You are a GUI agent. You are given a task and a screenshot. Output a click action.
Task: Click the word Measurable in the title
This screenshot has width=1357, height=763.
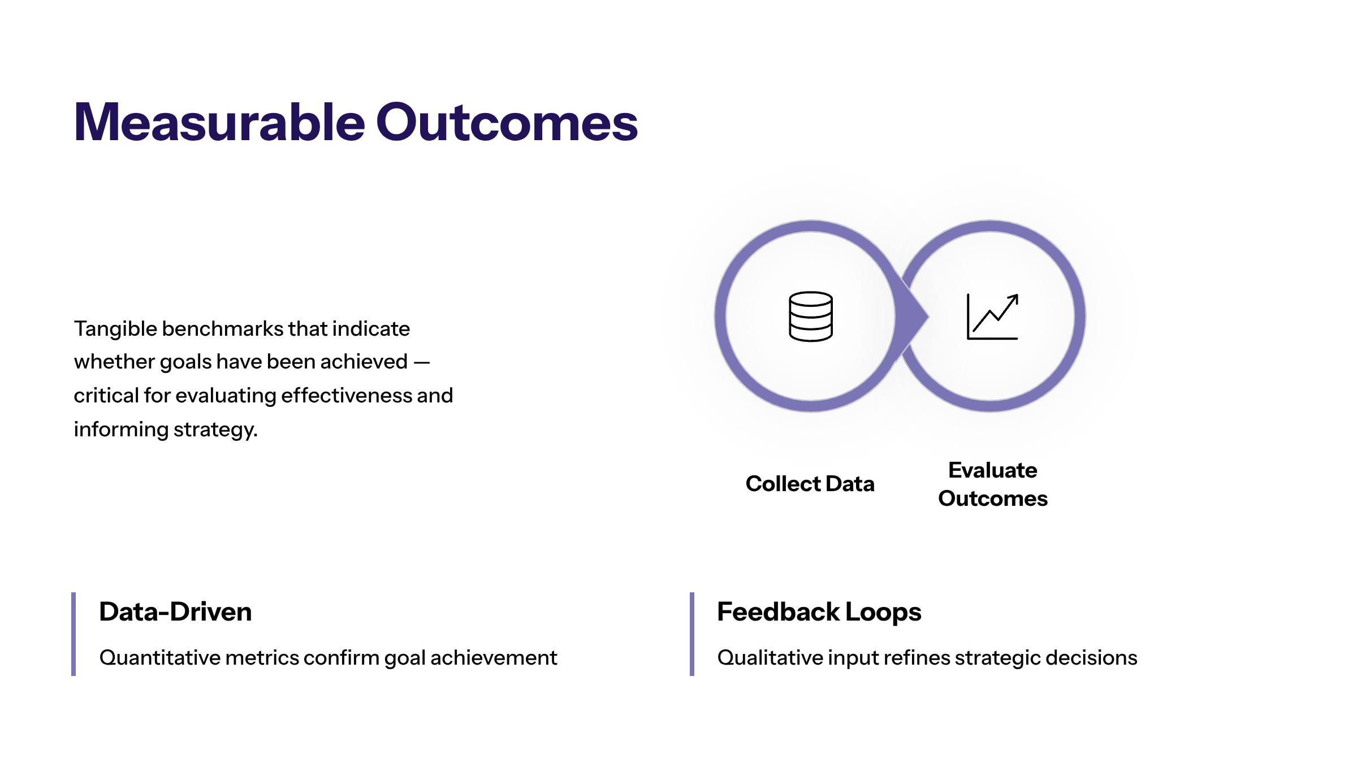point(220,122)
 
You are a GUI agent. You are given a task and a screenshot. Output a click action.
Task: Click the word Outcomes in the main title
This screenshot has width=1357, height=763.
point(507,122)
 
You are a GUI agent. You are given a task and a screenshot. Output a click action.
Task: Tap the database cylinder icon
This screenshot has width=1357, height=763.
point(811,317)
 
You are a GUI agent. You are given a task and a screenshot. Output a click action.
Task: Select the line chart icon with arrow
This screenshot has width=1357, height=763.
point(993,317)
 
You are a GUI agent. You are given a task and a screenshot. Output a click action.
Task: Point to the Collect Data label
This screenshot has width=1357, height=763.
point(810,484)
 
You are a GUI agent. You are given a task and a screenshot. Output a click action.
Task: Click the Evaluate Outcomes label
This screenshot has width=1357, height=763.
point(993,484)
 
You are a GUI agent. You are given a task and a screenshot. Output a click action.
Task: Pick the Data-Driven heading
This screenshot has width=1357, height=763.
point(175,612)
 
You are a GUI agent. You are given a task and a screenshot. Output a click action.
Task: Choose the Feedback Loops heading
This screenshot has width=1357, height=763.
point(819,612)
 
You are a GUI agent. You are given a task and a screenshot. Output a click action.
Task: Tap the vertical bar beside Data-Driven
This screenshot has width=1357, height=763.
point(74,634)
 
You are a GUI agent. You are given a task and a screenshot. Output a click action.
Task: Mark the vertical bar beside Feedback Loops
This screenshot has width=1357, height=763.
point(692,634)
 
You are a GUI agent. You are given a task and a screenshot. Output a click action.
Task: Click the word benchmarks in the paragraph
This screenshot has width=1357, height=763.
point(222,329)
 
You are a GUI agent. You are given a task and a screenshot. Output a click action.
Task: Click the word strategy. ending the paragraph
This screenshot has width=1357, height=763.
point(215,430)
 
